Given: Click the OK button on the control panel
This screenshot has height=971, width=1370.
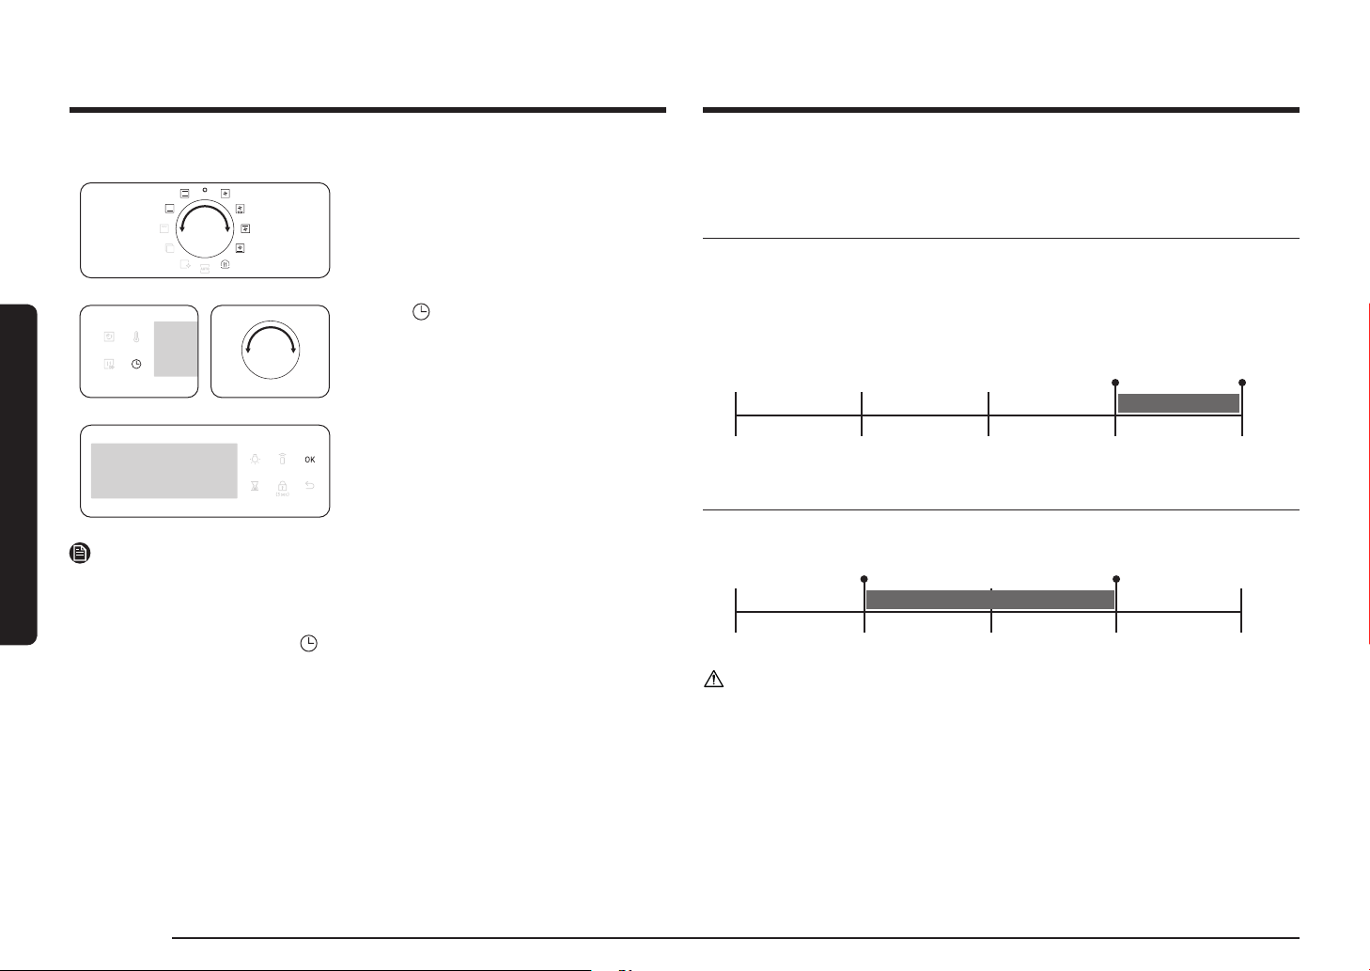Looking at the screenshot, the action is [x=309, y=460].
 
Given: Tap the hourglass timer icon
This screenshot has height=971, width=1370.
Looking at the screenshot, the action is [x=255, y=486].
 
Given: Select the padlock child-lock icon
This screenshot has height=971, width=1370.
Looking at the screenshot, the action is [x=282, y=486].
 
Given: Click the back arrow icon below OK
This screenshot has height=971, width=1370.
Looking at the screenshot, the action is [x=309, y=485].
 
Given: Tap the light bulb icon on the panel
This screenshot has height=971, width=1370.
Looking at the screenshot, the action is [x=255, y=459].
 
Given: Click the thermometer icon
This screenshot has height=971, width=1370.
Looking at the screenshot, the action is [x=136, y=337].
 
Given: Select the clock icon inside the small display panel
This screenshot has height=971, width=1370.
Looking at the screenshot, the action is [x=136, y=364].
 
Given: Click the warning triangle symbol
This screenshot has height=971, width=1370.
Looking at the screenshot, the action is [x=714, y=680].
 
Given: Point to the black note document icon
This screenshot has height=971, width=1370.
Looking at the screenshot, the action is [x=80, y=553].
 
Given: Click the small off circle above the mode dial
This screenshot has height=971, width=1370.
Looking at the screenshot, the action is [x=205, y=190].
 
